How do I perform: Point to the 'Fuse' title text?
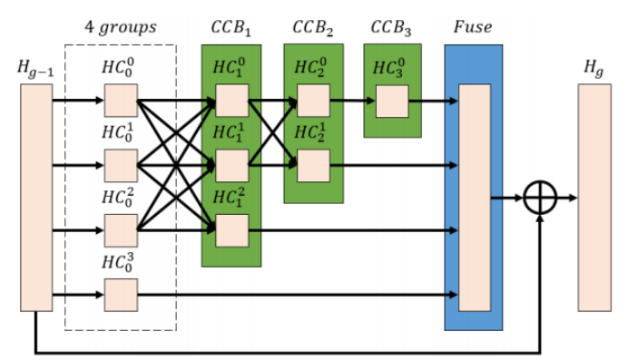[x=472, y=26]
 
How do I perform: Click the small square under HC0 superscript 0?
[x=121, y=101]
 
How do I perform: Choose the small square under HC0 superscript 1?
[x=121, y=166]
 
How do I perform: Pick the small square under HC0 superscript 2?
[x=121, y=230]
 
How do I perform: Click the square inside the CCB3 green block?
[x=392, y=101]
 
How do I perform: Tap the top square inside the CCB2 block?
[x=313, y=101]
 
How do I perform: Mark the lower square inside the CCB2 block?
[x=313, y=166]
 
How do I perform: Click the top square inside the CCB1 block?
[x=231, y=101]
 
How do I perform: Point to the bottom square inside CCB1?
[x=231, y=230]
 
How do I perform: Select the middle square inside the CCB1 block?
[x=231, y=166]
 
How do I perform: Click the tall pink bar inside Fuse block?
[x=474, y=198]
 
